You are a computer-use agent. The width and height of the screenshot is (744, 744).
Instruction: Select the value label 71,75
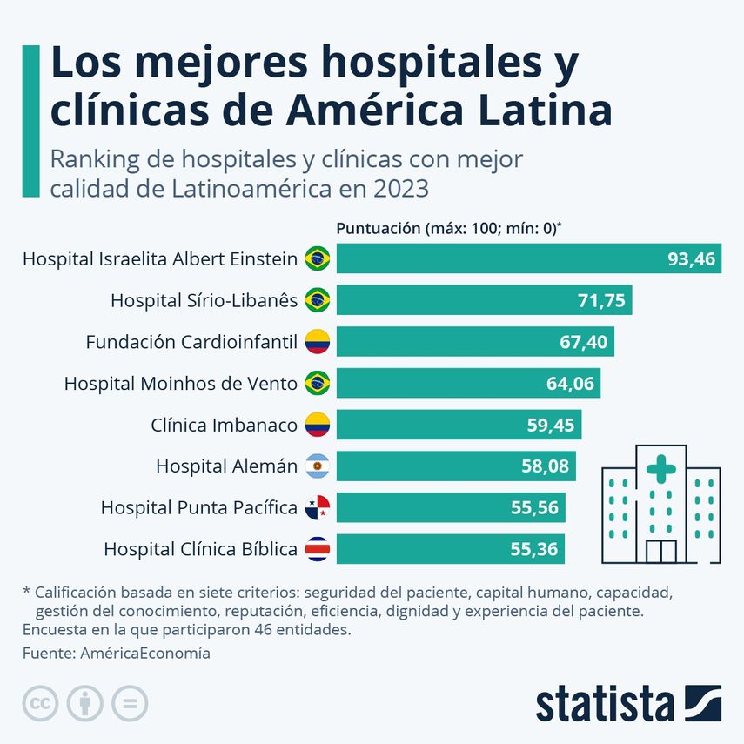[601, 300]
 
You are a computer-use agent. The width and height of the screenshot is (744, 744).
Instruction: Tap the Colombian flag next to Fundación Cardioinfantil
[318, 342]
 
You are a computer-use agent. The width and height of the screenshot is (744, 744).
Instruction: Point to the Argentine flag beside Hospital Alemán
[318, 466]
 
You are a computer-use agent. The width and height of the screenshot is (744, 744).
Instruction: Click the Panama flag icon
[318, 507]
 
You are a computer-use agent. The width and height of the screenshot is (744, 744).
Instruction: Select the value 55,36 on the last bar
[534, 549]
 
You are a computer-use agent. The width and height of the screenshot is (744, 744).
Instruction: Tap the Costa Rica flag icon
[318, 549]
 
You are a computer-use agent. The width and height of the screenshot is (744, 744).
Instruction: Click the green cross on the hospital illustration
[661, 472]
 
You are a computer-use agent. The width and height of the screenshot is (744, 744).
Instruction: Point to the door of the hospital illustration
[661, 552]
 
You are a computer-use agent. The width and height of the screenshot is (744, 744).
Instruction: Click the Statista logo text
[605, 704]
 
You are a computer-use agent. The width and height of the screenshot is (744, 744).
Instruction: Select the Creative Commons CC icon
[40, 703]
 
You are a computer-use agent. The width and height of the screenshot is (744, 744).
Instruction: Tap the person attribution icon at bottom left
[85, 703]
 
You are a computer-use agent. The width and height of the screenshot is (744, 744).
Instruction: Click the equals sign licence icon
[130, 703]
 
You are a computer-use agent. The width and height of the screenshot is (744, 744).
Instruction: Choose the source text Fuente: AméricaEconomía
[116, 653]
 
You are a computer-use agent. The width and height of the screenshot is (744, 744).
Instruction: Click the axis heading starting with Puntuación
[448, 229]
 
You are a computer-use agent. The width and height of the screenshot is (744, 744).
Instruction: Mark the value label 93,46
[691, 258]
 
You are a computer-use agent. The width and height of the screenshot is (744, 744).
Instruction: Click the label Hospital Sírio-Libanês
[204, 300]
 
